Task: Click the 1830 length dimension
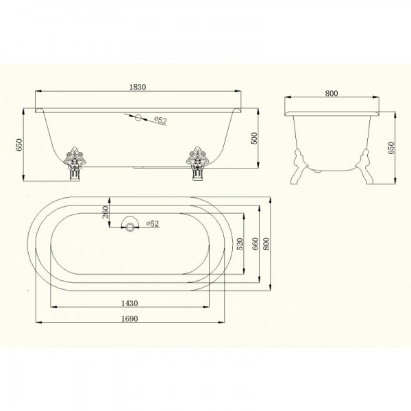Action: click(138, 87)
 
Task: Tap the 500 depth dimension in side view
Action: click(255, 138)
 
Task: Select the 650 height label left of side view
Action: click(19, 145)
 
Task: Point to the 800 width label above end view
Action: click(332, 93)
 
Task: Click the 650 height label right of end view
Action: click(391, 148)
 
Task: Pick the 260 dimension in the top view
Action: click(105, 212)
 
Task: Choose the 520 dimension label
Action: click(240, 244)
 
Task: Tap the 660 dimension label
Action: click(255, 244)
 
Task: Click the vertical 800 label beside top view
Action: click(266, 244)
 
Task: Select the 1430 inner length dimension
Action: click(129, 303)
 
